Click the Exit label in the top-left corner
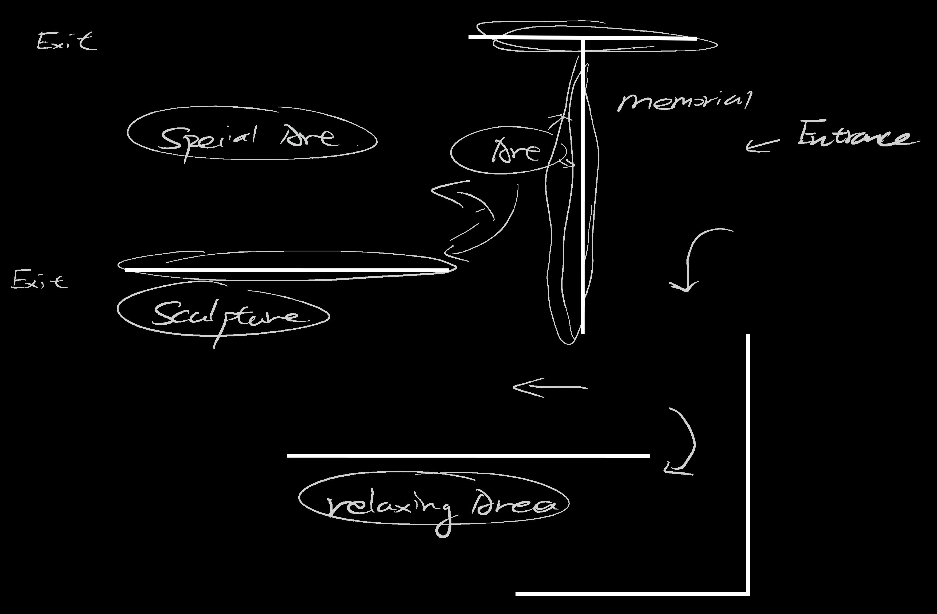pos(66,41)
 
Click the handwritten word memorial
pos(684,101)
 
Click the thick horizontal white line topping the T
pos(583,38)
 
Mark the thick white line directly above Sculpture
pos(287,270)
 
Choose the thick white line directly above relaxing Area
pos(468,456)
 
